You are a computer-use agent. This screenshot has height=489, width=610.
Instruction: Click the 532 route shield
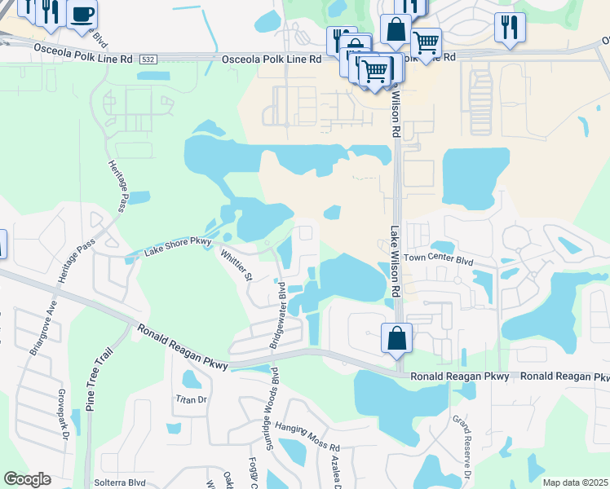tap(148, 59)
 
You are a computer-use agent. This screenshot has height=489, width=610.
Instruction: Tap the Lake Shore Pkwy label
tap(178, 245)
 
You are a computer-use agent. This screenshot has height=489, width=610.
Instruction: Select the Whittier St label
tap(236, 265)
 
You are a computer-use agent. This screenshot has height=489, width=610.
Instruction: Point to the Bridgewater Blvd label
tap(278, 316)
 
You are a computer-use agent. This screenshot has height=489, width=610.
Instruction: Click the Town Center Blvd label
tap(438, 260)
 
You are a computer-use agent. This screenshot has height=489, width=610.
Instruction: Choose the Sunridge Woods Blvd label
tap(264, 405)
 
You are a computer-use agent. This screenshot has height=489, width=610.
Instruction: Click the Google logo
tap(27, 479)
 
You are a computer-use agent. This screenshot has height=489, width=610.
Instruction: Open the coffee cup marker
tap(82, 14)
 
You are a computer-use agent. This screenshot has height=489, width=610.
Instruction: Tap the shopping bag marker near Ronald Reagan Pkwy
tap(396, 337)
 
